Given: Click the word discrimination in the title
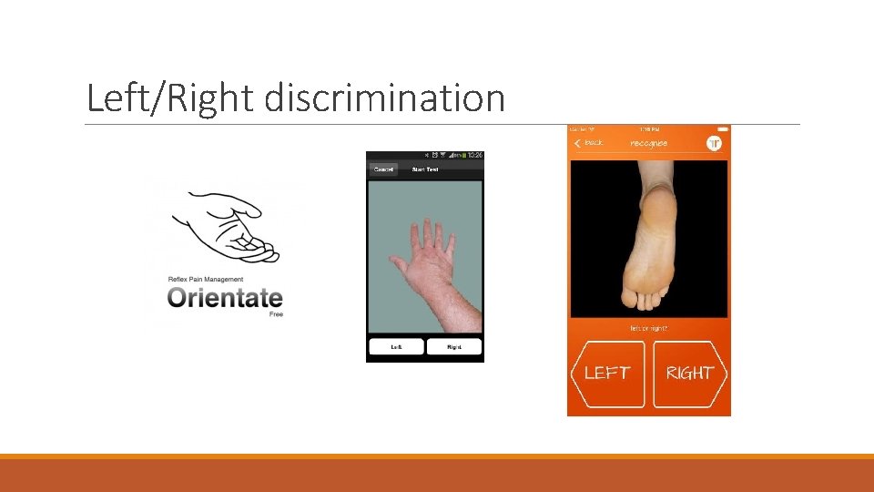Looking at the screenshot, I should [x=384, y=97].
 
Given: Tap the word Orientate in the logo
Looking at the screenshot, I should [x=225, y=298].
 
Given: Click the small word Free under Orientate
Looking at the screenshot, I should [x=276, y=314].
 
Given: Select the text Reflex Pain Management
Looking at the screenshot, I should [x=206, y=279].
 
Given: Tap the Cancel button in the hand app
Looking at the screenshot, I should [x=383, y=169].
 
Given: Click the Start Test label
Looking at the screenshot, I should [x=425, y=169].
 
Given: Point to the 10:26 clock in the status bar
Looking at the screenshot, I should [x=473, y=156].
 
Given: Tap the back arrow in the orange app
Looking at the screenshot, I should [x=577, y=143].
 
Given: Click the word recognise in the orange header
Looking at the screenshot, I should [x=648, y=143].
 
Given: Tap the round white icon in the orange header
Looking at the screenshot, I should [x=715, y=143].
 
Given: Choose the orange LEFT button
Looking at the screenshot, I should [x=606, y=373].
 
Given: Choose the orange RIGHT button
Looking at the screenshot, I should [x=689, y=373].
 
